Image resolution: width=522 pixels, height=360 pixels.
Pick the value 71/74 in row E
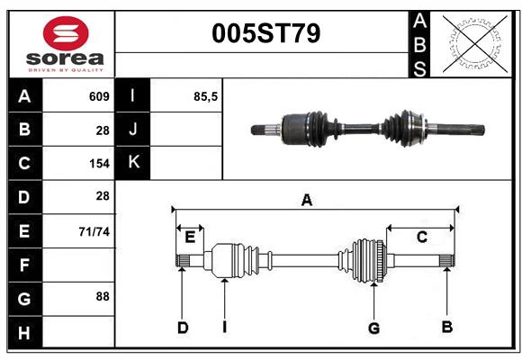coord(94,231)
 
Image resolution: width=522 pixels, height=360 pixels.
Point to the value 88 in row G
coord(102,296)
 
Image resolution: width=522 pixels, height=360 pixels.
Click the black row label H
coord(24,333)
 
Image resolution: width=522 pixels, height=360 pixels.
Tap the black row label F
coord(24,265)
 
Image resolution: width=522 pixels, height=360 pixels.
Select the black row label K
coord(133,163)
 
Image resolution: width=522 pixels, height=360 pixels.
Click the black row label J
coord(133,130)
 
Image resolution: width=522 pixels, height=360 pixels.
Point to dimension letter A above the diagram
coord(306,201)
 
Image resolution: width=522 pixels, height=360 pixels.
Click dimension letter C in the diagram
coord(421,237)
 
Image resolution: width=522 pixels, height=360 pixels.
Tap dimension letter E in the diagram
coord(190,238)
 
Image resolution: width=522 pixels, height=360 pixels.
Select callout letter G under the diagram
coord(373,328)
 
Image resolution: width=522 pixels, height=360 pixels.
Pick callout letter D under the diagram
coord(182,328)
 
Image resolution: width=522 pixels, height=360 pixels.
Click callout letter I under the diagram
coord(224,328)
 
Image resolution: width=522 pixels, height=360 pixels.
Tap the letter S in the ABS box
coord(419,68)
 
